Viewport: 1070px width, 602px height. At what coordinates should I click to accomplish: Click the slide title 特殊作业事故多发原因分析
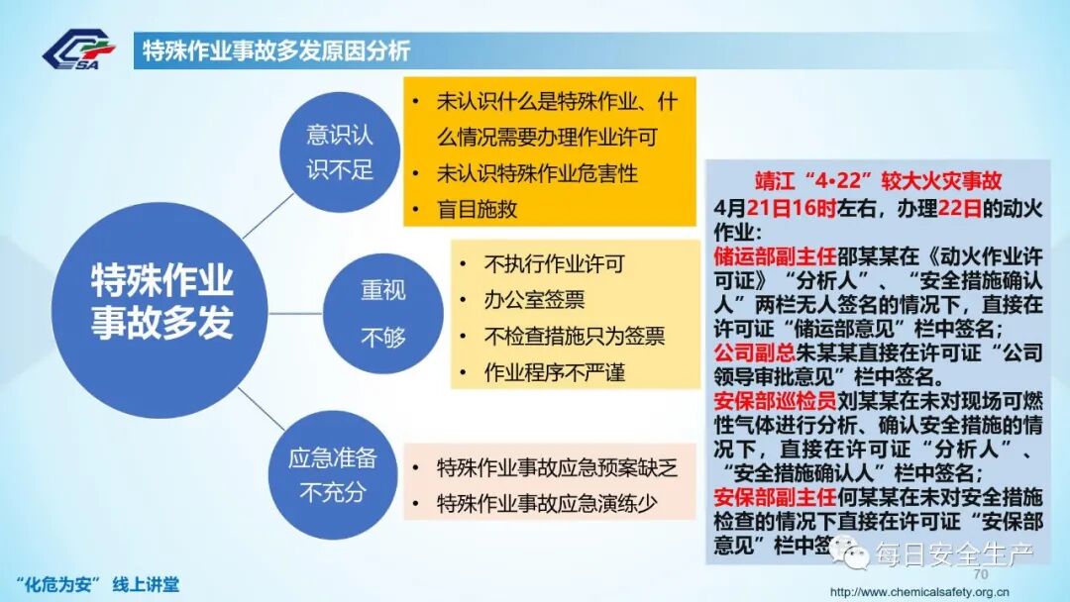[x=276, y=51]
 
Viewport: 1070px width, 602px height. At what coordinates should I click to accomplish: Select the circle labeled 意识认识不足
[x=340, y=151]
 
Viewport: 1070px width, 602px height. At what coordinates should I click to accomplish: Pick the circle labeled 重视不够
[x=382, y=313]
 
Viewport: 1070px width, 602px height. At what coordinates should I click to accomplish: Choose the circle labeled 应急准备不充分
[x=333, y=474]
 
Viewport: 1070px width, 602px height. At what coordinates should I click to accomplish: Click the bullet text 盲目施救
[x=477, y=209]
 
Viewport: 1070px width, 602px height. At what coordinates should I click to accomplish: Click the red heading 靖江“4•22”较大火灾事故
[x=878, y=181]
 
